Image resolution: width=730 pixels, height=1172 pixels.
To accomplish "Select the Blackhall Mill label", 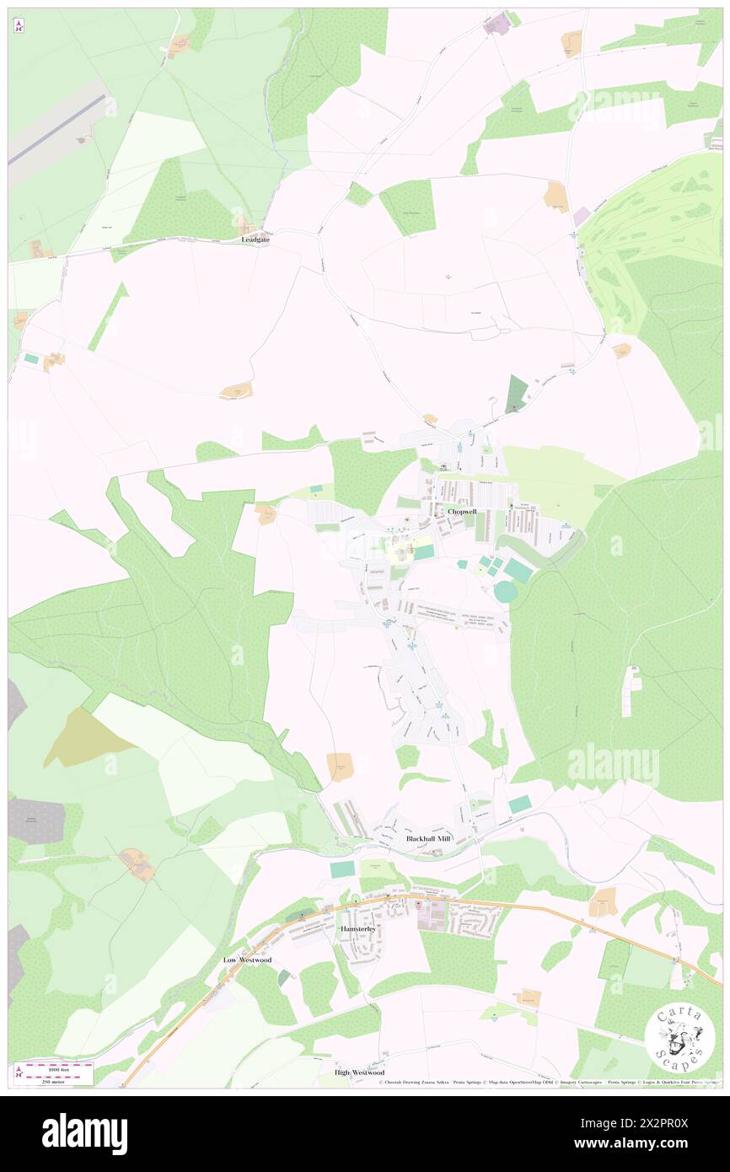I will (x=428, y=839).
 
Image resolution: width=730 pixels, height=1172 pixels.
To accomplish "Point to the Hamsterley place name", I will (x=362, y=928).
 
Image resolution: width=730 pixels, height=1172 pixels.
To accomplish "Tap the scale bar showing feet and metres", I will (x=55, y=1073).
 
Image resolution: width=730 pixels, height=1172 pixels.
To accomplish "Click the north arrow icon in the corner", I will (x=19, y=26).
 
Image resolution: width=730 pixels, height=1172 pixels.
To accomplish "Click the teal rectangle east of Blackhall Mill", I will (x=520, y=804).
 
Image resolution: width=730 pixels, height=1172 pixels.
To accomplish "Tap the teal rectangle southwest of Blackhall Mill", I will (x=343, y=868).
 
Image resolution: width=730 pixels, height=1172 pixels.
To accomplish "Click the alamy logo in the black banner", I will (x=84, y=1133).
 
